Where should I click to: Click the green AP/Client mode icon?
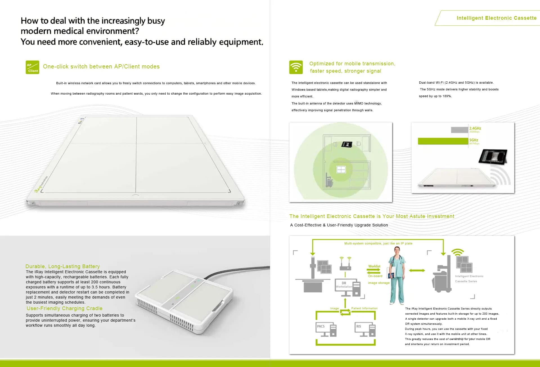pos(32,67)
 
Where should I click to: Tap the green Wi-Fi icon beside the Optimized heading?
pos(296,67)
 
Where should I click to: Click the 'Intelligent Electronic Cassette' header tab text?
pos(496,18)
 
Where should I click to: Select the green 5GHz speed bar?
pos(443,141)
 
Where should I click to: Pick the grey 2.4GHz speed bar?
pos(460,130)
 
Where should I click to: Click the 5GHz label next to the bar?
pos(474,140)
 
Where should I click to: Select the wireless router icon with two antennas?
pos(345,264)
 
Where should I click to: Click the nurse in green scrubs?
pos(397,275)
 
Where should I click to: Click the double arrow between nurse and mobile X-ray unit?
pos(417,270)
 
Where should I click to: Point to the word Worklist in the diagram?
pos(374,266)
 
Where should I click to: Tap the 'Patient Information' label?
pos(364,308)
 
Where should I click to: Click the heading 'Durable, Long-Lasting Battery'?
pos(63,266)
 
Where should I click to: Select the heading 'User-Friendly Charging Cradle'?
pos(65,308)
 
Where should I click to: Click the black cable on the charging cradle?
pos(236,271)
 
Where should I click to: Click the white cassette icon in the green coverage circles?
pos(341,170)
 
